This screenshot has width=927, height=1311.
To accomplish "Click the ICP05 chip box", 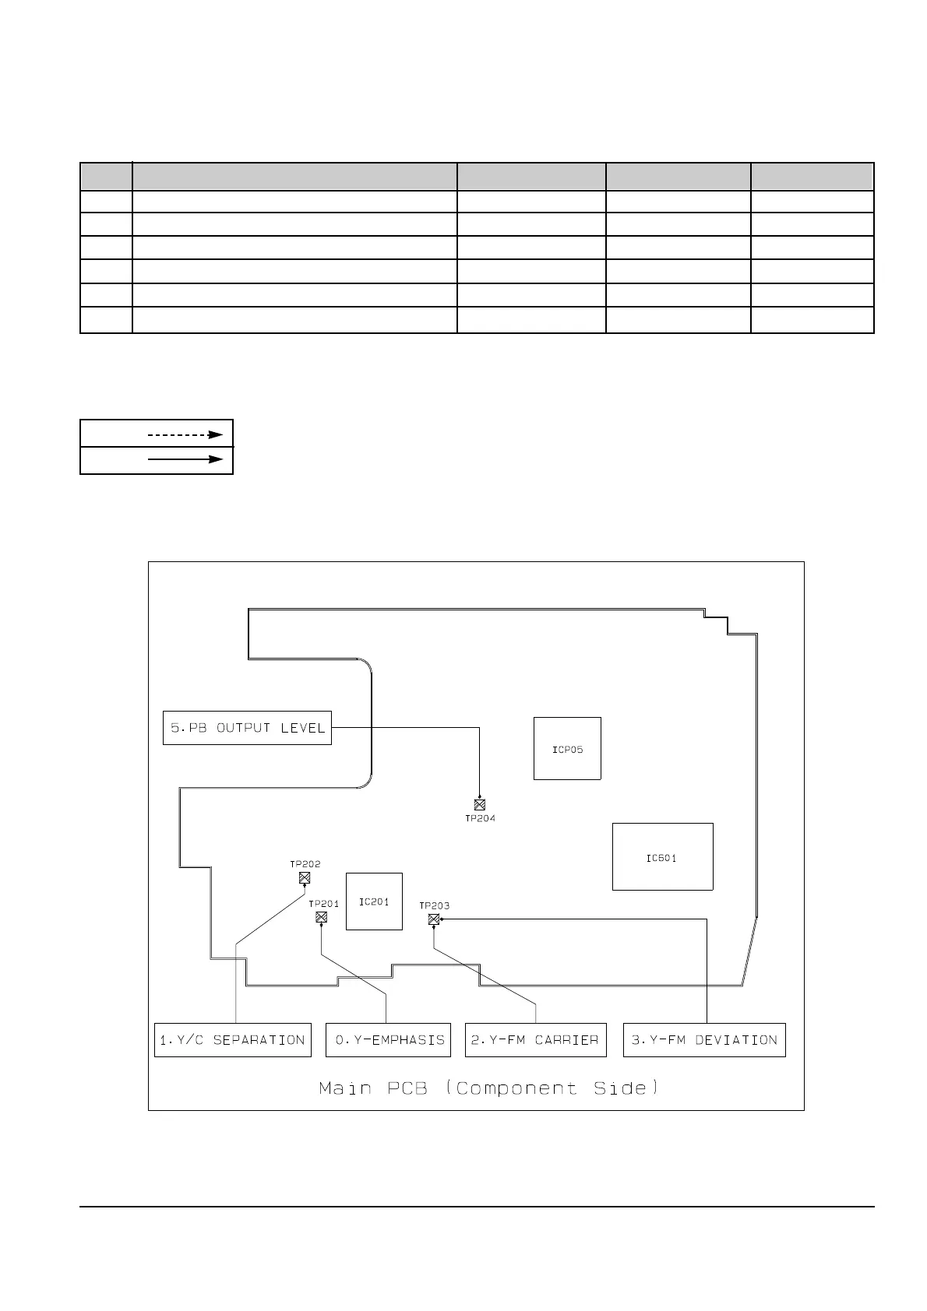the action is coord(567,748).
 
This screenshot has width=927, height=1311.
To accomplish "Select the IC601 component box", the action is coord(662,856).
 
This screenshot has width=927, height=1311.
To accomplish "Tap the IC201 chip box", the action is coord(374,902).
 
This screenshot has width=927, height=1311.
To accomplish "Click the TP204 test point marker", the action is coord(480,805).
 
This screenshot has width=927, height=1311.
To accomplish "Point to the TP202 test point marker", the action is coord(305,878).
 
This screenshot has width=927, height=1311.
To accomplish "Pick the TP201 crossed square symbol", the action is coord(321,917).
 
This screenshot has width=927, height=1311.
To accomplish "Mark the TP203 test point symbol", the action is coord(434,919).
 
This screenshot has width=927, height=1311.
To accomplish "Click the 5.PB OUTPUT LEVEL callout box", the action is coord(247,728).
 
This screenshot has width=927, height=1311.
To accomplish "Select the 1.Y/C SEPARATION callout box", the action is coord(232,1040).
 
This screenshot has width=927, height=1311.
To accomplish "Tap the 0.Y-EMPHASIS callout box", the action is coord(388,1040).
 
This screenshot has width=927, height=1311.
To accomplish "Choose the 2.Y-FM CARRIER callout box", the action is coord(535,1040).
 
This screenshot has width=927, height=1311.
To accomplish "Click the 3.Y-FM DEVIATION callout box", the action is coord(704,1040).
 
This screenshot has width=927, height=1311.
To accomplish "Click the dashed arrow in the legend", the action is coord(185,434).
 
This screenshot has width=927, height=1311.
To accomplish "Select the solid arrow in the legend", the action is coord(185,459).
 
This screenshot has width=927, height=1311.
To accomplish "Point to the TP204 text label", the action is coord(480,818).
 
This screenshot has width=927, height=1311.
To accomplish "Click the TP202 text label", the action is coord(305,864).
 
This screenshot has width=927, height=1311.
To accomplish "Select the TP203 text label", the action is coord(434,905).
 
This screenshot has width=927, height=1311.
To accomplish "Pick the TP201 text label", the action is coord(323,904).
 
